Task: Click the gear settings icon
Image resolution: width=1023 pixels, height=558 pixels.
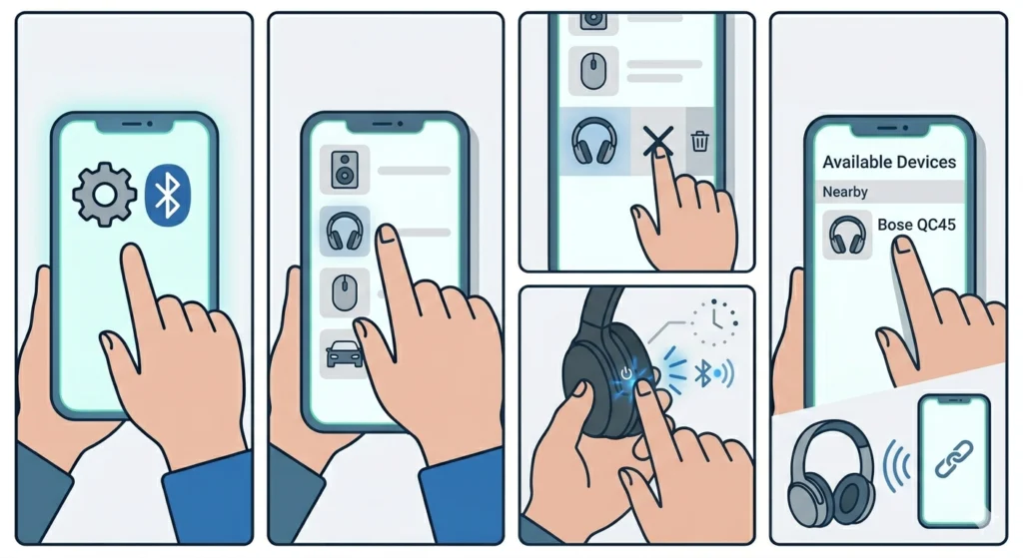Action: tap(105, 194)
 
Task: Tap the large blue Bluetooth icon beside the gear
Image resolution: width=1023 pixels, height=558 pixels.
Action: tap(169, 194)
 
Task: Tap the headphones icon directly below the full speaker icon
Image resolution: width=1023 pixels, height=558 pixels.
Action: tap(345, 232)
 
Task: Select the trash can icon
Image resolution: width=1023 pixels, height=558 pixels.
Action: tap(700, 142)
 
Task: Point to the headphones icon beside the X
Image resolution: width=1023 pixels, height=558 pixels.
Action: tap(593, 142)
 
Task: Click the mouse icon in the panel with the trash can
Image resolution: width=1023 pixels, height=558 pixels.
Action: tap(593, 70)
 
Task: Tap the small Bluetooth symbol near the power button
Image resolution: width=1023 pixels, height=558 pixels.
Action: tap(703, 374)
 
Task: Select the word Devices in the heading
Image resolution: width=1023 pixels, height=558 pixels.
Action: tap(923, 162)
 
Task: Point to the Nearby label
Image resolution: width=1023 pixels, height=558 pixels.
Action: tap(845, 191)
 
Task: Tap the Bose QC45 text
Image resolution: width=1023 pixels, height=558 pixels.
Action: tap(916, 225)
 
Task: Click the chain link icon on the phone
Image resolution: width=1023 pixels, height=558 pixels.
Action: tap(952, 458)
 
